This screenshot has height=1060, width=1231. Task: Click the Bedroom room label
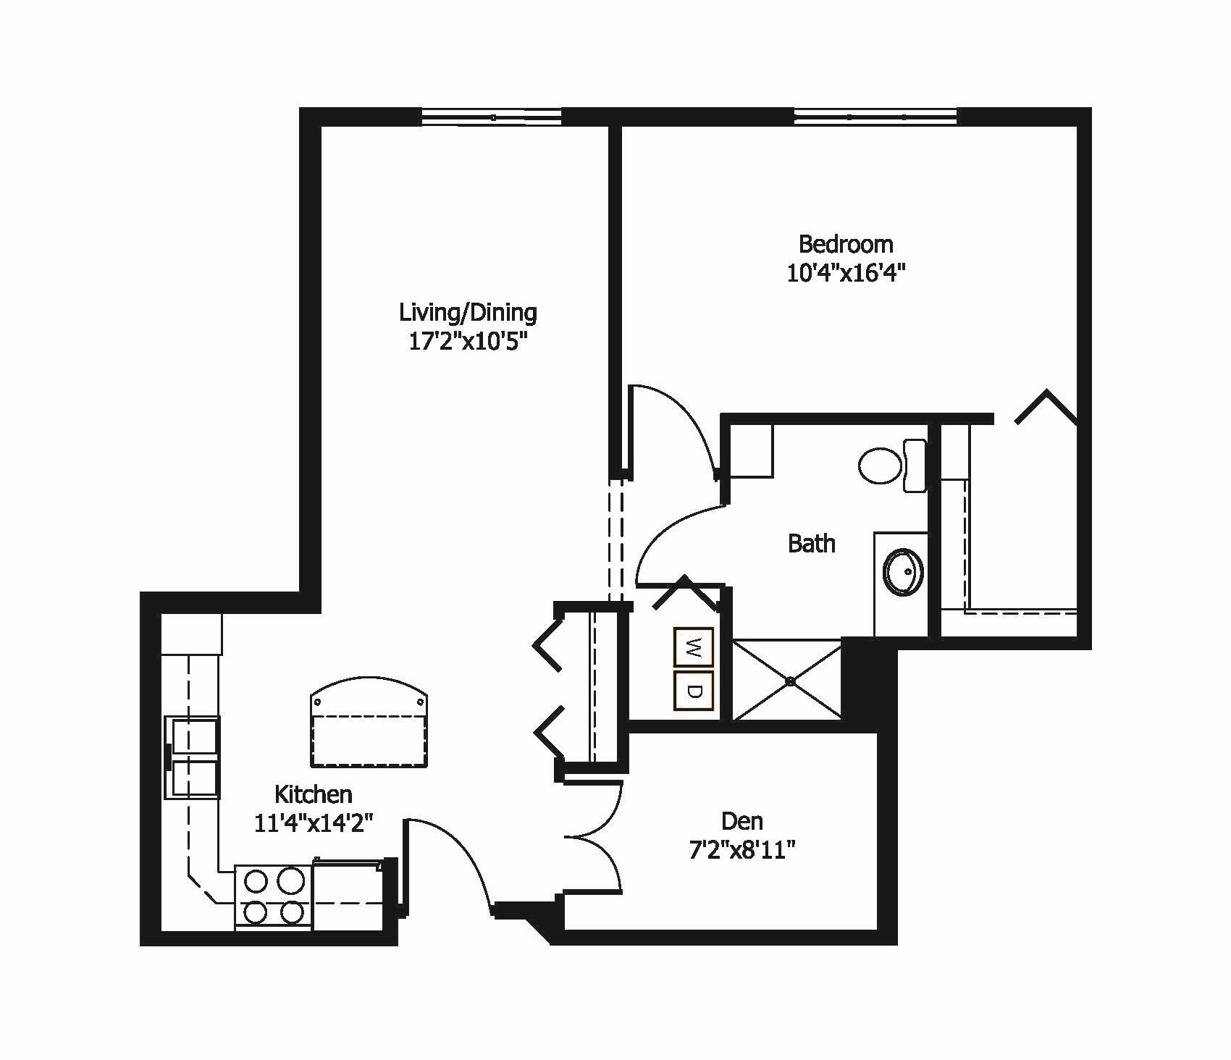[845, 244]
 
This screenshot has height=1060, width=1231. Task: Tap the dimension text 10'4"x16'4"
[846, 274]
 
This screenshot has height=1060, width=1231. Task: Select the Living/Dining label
[468, 313]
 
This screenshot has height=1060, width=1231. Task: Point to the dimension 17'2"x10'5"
[467, 342]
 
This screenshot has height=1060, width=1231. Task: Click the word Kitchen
[313, 794]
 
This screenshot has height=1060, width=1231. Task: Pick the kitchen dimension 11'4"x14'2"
[313, 823]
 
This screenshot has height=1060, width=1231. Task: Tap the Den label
[742, 821]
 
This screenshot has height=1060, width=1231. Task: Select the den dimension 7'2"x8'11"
[742, 850]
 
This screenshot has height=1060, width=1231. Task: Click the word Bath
[811, 543]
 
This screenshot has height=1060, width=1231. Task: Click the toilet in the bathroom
[891, 466]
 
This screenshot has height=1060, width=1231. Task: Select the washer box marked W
[694, 647]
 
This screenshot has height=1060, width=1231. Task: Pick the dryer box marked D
[694, 690]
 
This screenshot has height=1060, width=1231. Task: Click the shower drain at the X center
[790, 681]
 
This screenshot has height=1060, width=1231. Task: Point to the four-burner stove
[273, 897]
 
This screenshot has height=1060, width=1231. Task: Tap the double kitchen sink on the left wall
[193, 758]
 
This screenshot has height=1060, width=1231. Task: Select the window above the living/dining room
[492, 117]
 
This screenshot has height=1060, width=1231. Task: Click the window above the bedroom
[875, 117]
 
